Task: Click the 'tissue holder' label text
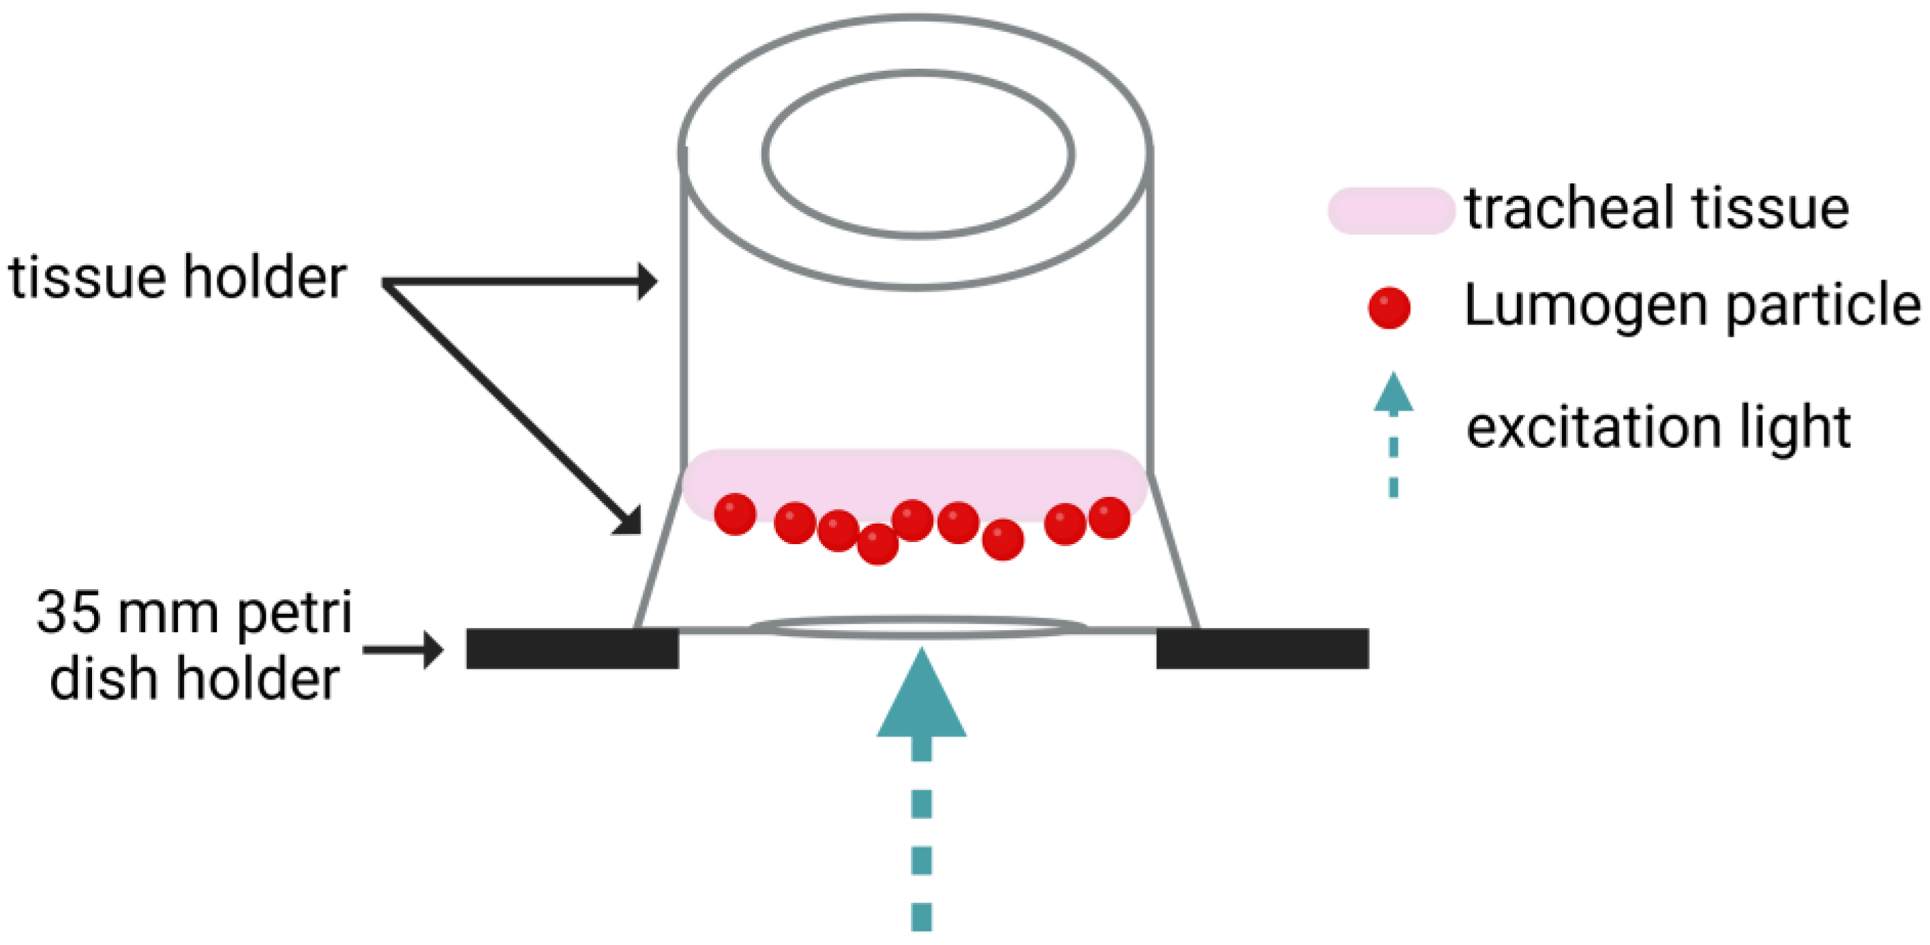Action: pyautogui.click(x=177, y=278)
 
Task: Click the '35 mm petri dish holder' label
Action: pyautogui.click(x=194, y=646)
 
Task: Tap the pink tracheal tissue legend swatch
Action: pyautogui.click(x=1390, y=211)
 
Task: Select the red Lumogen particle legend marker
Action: pyautogui.click(x=1389, y=308)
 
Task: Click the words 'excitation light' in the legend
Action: pyautogui.click(x=1658, y=428)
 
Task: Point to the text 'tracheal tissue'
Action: pyautogui.click(x=1657, y=209)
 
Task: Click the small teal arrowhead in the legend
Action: pyautogui.click(x=1393, y=393)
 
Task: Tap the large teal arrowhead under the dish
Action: pyautogui.click(x=921, y=697)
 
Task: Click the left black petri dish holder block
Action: pyautogui.click(x=573, y=648)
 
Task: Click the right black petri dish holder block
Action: pyautogui.click(x=1263, y=648)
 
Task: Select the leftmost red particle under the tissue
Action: pyautogui.click(x=735, y=514)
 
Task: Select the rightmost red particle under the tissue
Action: pyautogui.click(x=1109, y=517)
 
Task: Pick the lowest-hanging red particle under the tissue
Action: pyautogui.click(x=877, y=544)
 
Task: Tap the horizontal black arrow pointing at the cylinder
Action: pyautogui.click(x=524, y=282)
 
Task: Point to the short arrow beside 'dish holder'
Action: pyautogui.click(x=404, y=649)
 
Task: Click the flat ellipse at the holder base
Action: pyautogui.click(x=918, y=627)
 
